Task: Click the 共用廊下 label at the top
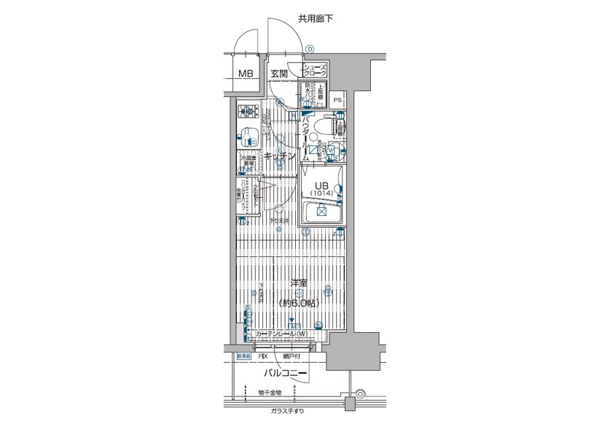click(316, 18)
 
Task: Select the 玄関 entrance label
click(280, 74)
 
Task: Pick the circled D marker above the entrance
click(310, 50)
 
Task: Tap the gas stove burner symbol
click(248, 112)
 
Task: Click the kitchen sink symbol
click(248, 136)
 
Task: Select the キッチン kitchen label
click(279, 156)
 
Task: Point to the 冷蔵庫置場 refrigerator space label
click(248, 161)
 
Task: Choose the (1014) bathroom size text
click(320, 193)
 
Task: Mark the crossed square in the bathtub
click(320, 212)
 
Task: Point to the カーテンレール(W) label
click(281, 335)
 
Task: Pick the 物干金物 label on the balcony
click(270, 393)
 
